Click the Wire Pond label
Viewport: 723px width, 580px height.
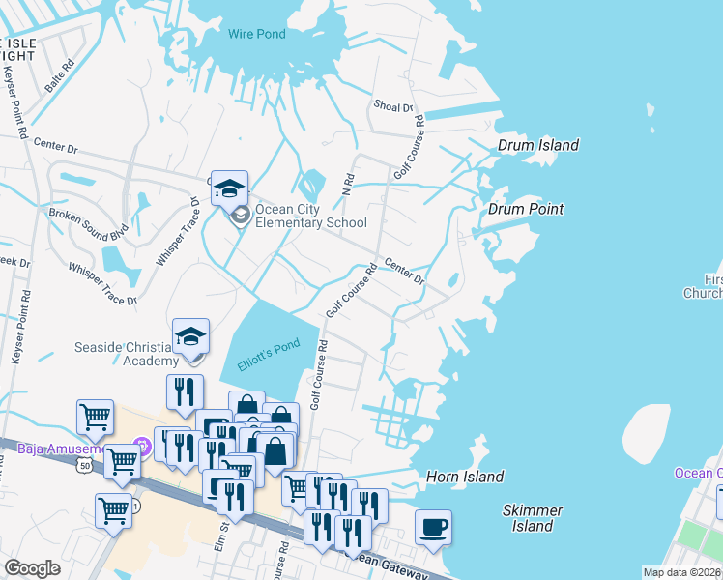257,34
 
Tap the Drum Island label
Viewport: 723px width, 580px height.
538,145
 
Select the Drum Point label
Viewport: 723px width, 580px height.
526,209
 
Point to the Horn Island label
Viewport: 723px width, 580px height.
465,477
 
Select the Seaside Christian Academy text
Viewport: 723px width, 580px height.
125,354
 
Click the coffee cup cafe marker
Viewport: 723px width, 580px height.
433,528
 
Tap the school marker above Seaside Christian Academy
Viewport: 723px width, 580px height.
190,337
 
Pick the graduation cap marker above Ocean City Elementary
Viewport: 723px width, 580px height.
230,188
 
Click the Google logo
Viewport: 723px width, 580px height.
33,568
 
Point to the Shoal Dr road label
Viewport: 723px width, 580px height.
393,107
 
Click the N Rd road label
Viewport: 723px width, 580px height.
349,183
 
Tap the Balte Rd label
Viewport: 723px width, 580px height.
59,78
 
